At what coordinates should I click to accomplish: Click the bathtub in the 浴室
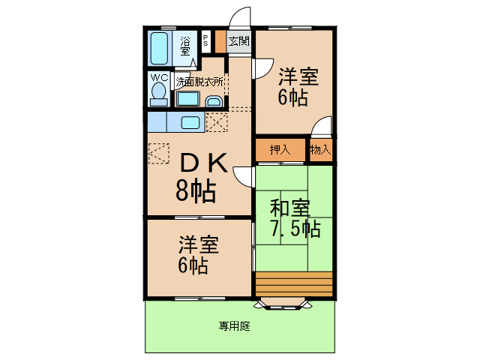[159, 49]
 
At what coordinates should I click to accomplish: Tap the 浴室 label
[185, 47]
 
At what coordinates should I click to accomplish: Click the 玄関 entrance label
[239, 42]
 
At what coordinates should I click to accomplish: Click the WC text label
[159, 77]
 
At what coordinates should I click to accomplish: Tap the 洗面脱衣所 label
[199, 80]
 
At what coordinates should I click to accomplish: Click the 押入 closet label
[280, 150]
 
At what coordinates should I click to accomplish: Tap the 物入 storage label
[320, 150]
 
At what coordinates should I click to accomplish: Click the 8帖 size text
[196, 192]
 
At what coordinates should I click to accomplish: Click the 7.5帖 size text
[295, 228]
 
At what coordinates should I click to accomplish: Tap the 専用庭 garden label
[234, 326]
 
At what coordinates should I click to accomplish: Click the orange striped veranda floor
[293, 284]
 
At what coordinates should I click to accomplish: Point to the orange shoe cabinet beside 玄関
[220, 41]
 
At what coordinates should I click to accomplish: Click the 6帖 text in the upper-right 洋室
[293, 97]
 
